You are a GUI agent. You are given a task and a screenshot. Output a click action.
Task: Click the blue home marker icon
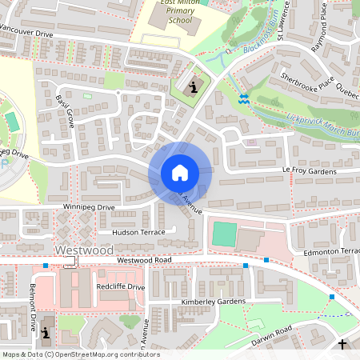coord(179,172)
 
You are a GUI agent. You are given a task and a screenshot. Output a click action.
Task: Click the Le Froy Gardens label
coord(308,170)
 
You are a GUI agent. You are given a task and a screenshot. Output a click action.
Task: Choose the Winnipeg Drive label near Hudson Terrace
coord(89,207)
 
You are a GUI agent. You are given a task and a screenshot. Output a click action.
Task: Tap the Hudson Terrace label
coord(138,232)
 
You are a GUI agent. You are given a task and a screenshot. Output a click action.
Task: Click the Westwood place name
coord(84,250)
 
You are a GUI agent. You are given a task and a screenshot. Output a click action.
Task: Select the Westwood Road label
coord(144,261)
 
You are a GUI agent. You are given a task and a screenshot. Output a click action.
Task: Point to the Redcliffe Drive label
coord(120,286)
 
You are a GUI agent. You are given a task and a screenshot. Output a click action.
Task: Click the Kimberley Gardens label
coord(212,302)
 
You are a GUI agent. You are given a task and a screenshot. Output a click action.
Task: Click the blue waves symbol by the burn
coord(244,98)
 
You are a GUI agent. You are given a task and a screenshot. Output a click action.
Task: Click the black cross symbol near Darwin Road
coord(342,345)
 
